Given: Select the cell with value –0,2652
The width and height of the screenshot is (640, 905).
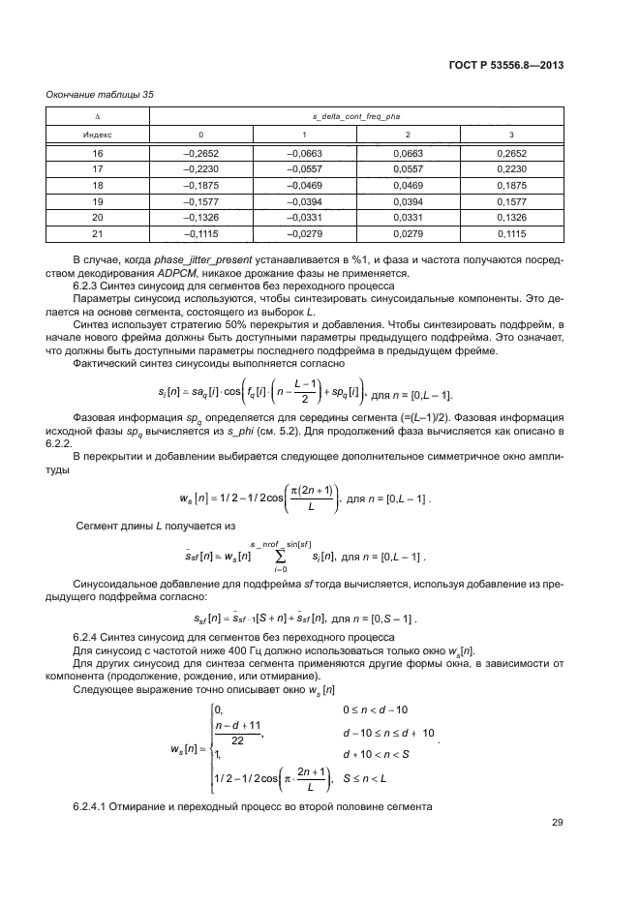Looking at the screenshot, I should pyautogui.click(x=200, y=153).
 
